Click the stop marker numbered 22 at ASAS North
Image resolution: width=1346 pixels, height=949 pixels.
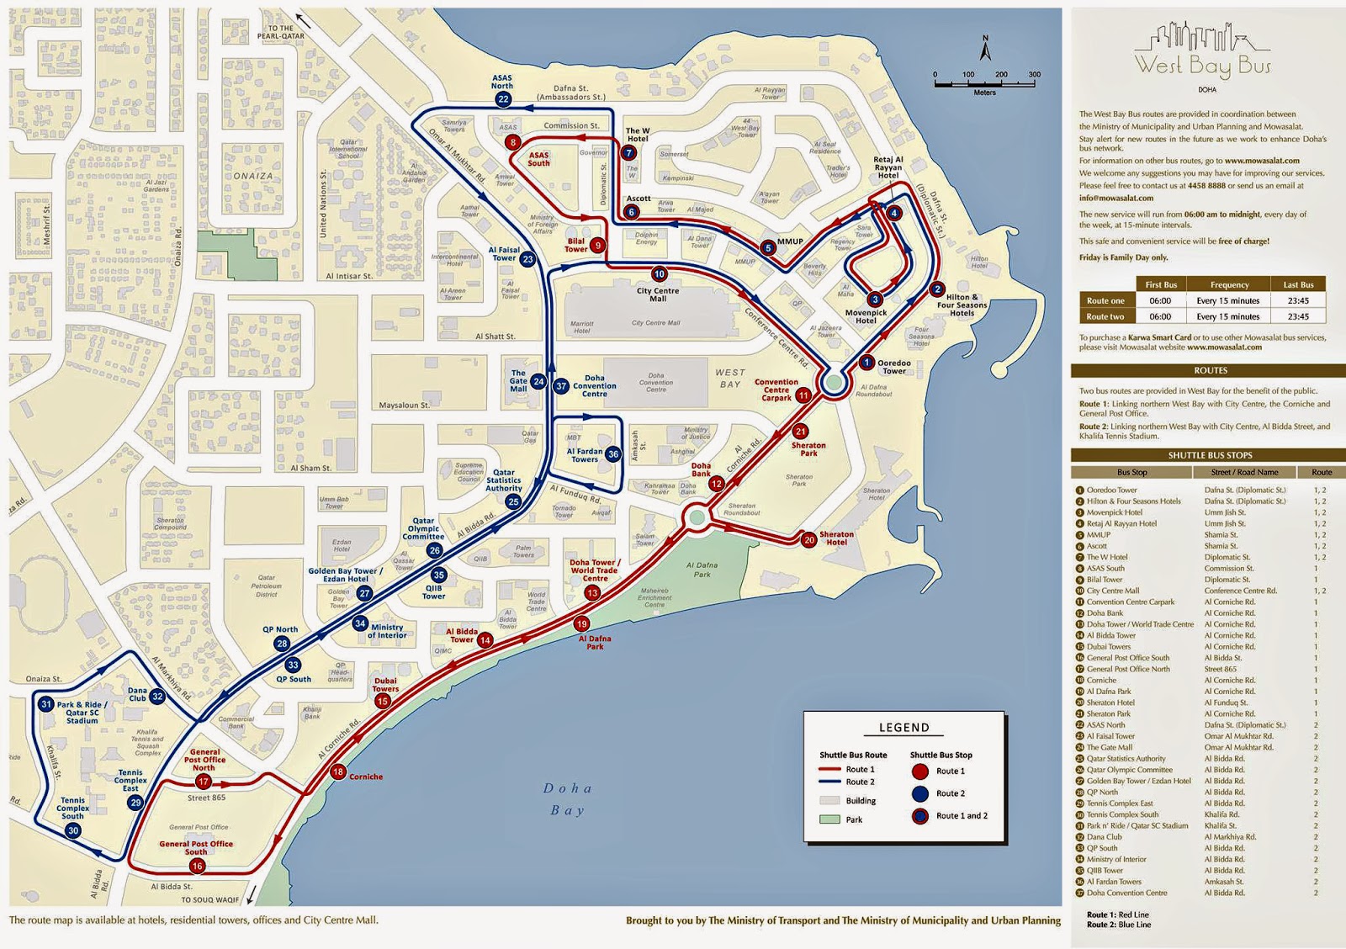503,99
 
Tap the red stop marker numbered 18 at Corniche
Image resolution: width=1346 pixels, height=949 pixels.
338,771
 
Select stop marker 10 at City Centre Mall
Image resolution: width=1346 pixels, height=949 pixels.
660,274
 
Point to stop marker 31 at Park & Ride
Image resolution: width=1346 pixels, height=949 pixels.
46,704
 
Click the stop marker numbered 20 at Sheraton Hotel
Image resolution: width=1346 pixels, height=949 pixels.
808,540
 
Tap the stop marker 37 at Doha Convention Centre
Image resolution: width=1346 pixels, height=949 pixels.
561,386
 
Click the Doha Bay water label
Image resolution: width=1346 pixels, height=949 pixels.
568,799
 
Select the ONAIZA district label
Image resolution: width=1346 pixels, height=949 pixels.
253,176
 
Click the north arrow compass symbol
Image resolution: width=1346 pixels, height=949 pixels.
986,49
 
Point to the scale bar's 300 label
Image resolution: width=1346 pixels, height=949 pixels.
1034,75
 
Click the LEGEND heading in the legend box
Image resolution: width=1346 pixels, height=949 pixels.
904,728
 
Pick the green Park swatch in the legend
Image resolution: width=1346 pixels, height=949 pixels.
830,819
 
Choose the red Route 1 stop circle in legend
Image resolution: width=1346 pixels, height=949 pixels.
920,771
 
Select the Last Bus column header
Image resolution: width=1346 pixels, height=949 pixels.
1298,284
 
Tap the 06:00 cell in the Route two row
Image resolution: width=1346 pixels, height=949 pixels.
1160,316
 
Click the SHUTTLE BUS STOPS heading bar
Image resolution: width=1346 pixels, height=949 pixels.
1209,455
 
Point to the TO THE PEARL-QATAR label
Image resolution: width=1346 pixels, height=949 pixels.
281,32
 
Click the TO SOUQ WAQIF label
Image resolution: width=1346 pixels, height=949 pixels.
210,899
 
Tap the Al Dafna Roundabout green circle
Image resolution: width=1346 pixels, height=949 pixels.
834,384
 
